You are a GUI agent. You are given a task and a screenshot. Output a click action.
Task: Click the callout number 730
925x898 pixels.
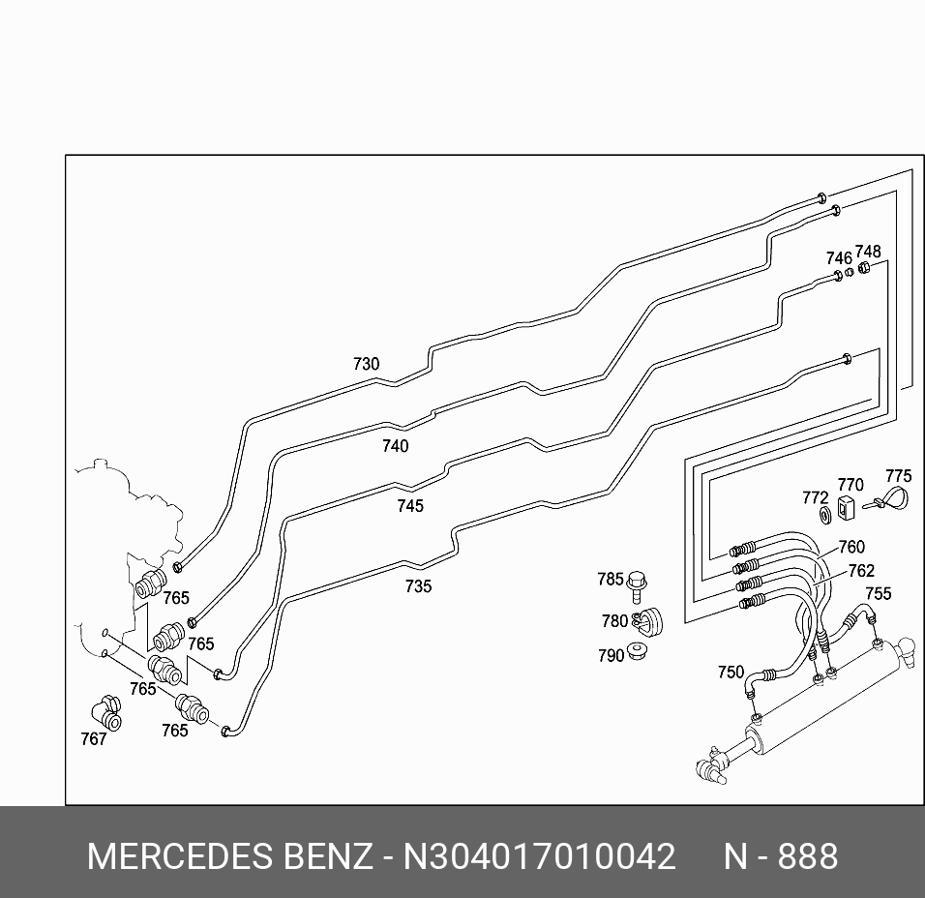(x=366, y=365)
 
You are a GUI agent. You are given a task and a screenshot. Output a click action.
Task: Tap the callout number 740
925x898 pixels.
(x=395, y=446)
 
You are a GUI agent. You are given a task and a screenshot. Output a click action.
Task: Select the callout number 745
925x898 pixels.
(x=409, y=506)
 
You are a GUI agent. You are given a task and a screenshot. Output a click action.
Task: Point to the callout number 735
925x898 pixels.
(x=418, y=586)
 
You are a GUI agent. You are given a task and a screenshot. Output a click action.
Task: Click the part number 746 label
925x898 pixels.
(x=839, y=258)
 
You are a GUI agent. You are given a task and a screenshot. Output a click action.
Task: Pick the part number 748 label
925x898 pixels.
(x=868, y=253)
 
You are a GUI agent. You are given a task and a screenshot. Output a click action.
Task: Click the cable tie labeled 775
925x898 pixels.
(x=888, y=500)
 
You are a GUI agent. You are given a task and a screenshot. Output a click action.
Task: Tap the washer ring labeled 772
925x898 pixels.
(x=825, y=513)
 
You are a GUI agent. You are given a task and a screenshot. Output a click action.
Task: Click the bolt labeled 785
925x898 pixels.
(x=637, y=584)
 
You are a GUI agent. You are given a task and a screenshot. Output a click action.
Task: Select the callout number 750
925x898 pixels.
(x=731, y=673)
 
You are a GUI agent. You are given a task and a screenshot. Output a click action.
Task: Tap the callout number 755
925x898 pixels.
(x=878, y=593)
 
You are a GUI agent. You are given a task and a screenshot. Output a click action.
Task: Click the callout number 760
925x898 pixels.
(x=851, y=548)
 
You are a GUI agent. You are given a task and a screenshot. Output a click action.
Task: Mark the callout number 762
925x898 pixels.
(x=860, y=571)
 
